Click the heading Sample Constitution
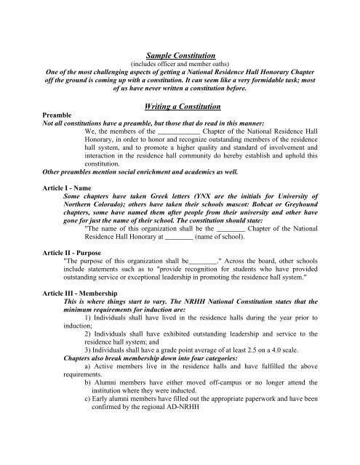(x=180, y=54)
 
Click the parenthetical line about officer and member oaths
(x=180, y=64)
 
